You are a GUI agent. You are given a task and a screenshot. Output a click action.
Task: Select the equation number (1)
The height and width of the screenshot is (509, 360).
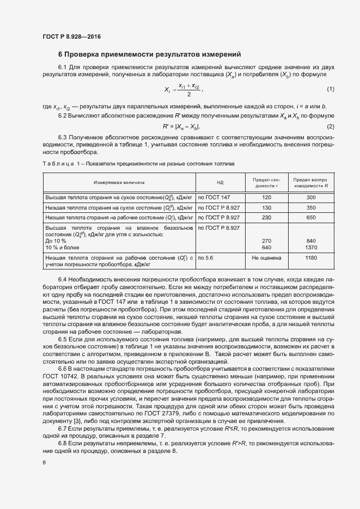(330, 89)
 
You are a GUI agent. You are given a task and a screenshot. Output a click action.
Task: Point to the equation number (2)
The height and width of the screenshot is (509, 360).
(330, 126)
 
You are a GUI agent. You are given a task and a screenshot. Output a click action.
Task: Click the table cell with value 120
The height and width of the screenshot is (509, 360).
(266, 197)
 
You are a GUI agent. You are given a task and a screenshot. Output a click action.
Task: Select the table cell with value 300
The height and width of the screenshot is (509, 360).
(311, 197)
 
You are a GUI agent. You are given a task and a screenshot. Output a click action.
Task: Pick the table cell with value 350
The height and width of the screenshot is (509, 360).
(311, 207)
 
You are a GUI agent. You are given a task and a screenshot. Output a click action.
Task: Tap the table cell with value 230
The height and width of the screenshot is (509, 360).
(266, 218)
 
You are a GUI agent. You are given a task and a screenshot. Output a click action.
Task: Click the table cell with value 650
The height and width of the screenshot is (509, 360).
(311, 218)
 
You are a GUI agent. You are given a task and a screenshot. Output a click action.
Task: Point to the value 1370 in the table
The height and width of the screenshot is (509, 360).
(311, 248)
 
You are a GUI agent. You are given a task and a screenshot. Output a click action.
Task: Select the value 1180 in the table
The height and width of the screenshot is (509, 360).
(311, 257)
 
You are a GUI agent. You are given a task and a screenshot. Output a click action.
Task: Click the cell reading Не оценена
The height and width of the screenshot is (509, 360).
(266, 257)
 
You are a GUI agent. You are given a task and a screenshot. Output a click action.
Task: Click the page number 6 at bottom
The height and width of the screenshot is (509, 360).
(44, 463)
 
